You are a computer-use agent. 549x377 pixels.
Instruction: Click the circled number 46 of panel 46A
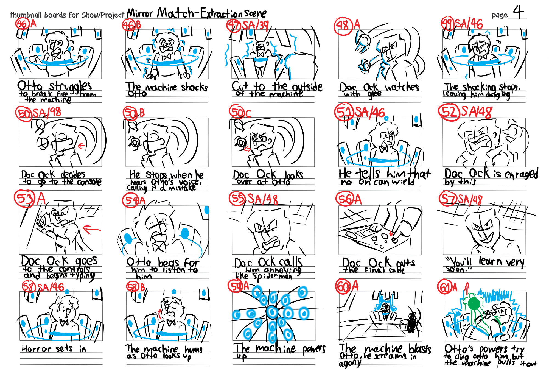(22, 24)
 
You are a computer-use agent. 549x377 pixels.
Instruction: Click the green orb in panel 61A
(474, 303)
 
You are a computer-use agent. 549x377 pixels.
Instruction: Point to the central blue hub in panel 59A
(272, 312)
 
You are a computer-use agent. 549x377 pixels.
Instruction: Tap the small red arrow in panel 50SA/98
(81, 146)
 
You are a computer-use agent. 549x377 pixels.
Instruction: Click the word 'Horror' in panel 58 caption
(37, 349)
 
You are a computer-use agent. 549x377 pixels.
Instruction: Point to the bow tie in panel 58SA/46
(64, 322)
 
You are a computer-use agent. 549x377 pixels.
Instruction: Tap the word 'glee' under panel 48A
(374, 94)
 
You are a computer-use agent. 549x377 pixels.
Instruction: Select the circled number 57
(448, 199)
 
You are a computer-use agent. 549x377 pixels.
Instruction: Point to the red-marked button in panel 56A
(391, 234)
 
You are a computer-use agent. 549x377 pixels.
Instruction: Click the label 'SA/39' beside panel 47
(255, 25)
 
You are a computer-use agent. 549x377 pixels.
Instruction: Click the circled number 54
(131, 201)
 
